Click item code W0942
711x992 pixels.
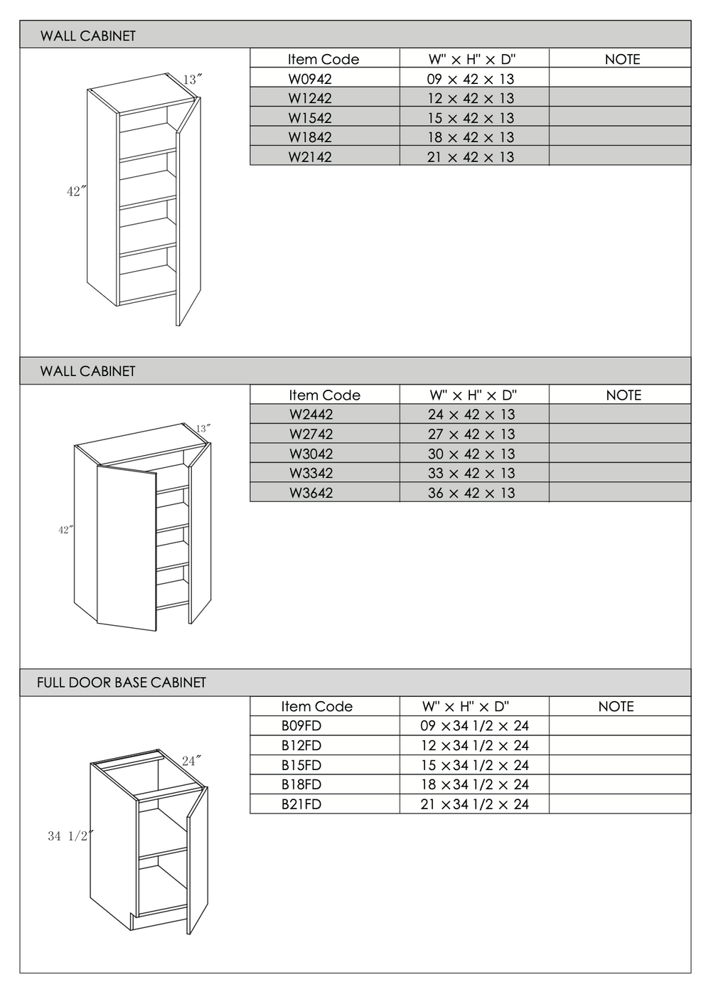click(x=310, y=79)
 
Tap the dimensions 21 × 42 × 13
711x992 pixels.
click(x=471, y=156)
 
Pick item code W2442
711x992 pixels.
click(x=311, y=414)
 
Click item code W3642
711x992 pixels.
click(x=311, y=493)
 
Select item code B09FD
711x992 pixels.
click(x=301, y=725)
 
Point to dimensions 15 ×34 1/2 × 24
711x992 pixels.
click(x=474, y=765)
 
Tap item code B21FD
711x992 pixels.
click(x=301, y=804)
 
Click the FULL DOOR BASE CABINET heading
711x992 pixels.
click(x=122, y=683)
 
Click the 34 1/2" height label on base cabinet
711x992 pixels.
click(x=70, y=836)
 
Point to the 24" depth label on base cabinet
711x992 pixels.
click(x=191, y=761)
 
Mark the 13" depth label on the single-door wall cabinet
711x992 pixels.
click(x=193, y=80)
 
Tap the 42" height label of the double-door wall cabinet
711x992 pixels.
click(x=66, y=530)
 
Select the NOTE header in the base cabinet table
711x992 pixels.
click(x=616, y=706)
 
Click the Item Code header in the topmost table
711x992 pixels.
click(x=324, y=59)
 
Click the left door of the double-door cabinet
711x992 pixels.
click(x=127, y=548)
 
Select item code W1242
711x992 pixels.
click(x=310, y=98)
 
